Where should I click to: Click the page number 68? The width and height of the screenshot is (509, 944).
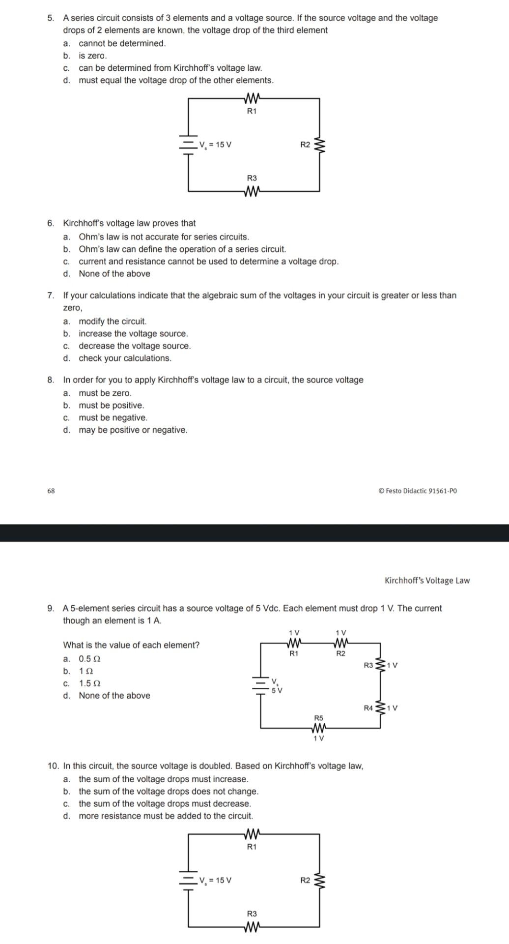[x=51, y=491]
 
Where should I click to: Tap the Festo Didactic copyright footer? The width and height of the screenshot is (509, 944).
[x=418, y=491]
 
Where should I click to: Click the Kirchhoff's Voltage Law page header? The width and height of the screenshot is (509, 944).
[x=427, y=580]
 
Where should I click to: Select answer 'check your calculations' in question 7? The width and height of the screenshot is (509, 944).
[x=125, y=358]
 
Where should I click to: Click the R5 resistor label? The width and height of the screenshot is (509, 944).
[x=318, y=718]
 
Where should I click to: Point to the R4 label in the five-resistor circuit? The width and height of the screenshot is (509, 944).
[x=368, y=708]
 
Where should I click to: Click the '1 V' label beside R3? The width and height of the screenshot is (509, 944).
[x=392, y=665]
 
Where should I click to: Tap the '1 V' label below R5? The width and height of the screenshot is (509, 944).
[x=318, y=738]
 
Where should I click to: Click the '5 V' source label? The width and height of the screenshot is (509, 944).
[x=277, y=690]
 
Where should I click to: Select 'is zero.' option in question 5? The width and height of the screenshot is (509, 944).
[x=92, y=56]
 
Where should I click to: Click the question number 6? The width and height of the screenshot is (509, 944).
[x=51, y=223]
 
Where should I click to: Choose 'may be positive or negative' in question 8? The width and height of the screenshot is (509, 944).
[x=133, y=430]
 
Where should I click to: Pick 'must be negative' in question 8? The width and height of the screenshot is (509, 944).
[x=113, y=417]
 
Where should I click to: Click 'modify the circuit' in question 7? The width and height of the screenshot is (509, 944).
[x=113, y=321]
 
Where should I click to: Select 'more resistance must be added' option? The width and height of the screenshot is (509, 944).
[x=166, y=816]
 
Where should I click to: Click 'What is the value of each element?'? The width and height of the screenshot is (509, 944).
[x=131, y=645]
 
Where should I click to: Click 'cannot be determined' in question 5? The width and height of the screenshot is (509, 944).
[x=122, y=43]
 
